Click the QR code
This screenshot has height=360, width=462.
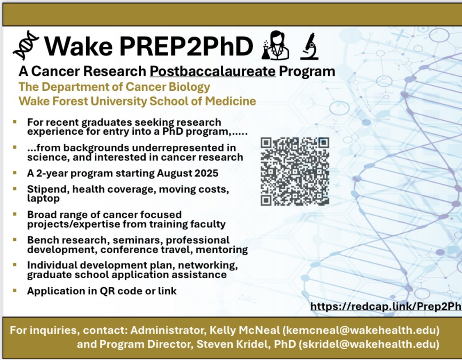click(x=295, y=171)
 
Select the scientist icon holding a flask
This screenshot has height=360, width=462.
click(x=277, y=46)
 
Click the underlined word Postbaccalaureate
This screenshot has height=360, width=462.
click(x=213, y=71)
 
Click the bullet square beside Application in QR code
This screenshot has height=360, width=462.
click(x=15, y=290)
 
